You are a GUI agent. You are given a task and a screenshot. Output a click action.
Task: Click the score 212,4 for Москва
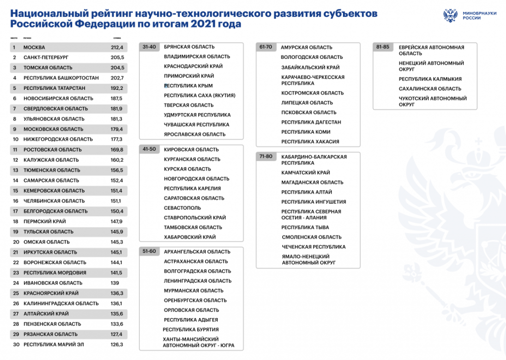[117, 47]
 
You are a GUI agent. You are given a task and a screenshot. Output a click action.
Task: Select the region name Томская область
[48, 68]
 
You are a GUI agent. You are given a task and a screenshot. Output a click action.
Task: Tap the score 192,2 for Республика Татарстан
[117, 88]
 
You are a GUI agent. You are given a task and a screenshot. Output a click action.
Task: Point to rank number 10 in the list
[16, 139]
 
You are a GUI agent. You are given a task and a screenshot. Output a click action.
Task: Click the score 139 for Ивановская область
[115, 283]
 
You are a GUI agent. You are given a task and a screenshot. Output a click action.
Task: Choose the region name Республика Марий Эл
[54, 344]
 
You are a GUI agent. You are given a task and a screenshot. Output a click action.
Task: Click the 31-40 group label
[149, 47]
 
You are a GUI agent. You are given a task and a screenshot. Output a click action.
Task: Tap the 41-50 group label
[149, 149]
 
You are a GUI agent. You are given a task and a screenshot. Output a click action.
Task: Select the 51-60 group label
[149, 251]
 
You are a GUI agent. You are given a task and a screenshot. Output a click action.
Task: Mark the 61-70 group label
[266, 47]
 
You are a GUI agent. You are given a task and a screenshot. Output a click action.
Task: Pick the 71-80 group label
[266, 157]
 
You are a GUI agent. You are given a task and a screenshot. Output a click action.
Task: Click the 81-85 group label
[382, 47]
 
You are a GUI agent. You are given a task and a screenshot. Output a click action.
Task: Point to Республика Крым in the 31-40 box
[188, 86]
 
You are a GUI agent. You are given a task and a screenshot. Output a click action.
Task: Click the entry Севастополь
[182, 208]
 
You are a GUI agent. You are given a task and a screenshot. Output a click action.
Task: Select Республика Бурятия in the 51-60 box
[191, 329]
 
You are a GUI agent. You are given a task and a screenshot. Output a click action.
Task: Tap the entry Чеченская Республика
[313, 247]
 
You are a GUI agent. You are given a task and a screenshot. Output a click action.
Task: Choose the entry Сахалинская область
[430, 89]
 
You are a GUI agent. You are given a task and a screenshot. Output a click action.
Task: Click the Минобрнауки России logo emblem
[450, 15]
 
